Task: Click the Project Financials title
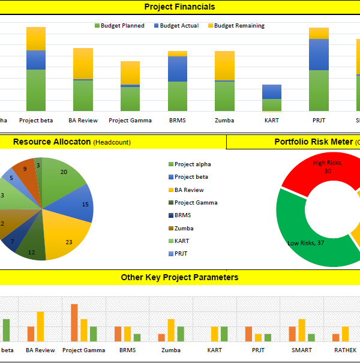[x=179, y=7]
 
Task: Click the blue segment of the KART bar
[x=272, y=92]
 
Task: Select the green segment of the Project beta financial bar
[x=36, y=90]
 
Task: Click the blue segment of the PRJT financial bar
[x=319, y=55]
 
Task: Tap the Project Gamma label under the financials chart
[x=130, y=120]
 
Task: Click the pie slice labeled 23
[x=69, y=240]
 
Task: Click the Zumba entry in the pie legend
[x=184, y=229]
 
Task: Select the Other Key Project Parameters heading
[x=179, y=278]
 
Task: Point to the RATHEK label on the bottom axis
[x=344, y=350]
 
